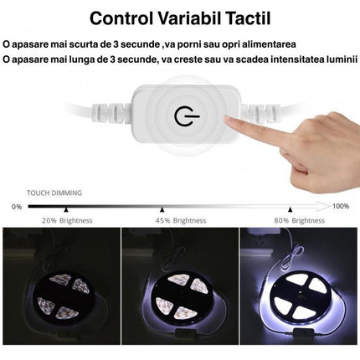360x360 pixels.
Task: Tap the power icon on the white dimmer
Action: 183,116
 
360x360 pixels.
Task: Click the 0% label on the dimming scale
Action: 16,205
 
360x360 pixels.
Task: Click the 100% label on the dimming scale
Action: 341,205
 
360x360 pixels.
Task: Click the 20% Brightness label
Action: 67,220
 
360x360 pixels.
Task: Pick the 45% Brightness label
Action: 179,220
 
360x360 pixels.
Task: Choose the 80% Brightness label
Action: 300,220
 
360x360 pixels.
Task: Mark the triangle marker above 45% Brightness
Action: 162,209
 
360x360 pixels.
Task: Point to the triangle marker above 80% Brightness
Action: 290,209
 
